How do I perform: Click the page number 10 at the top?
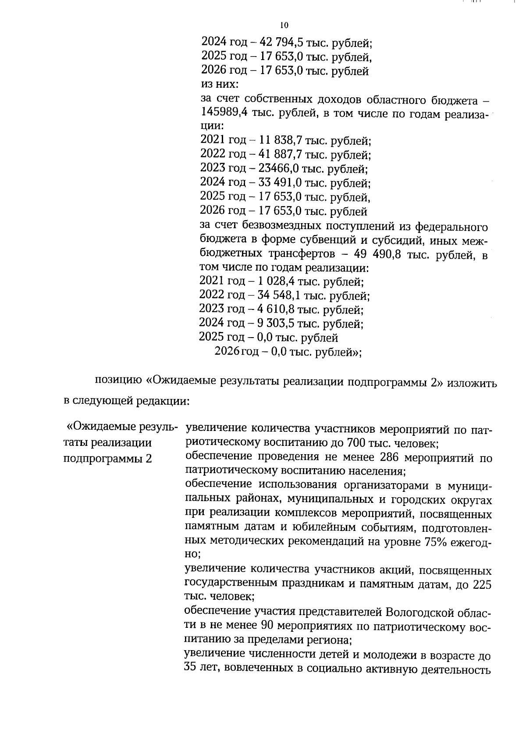coord(284,25)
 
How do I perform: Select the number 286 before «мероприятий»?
coord(387,458)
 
